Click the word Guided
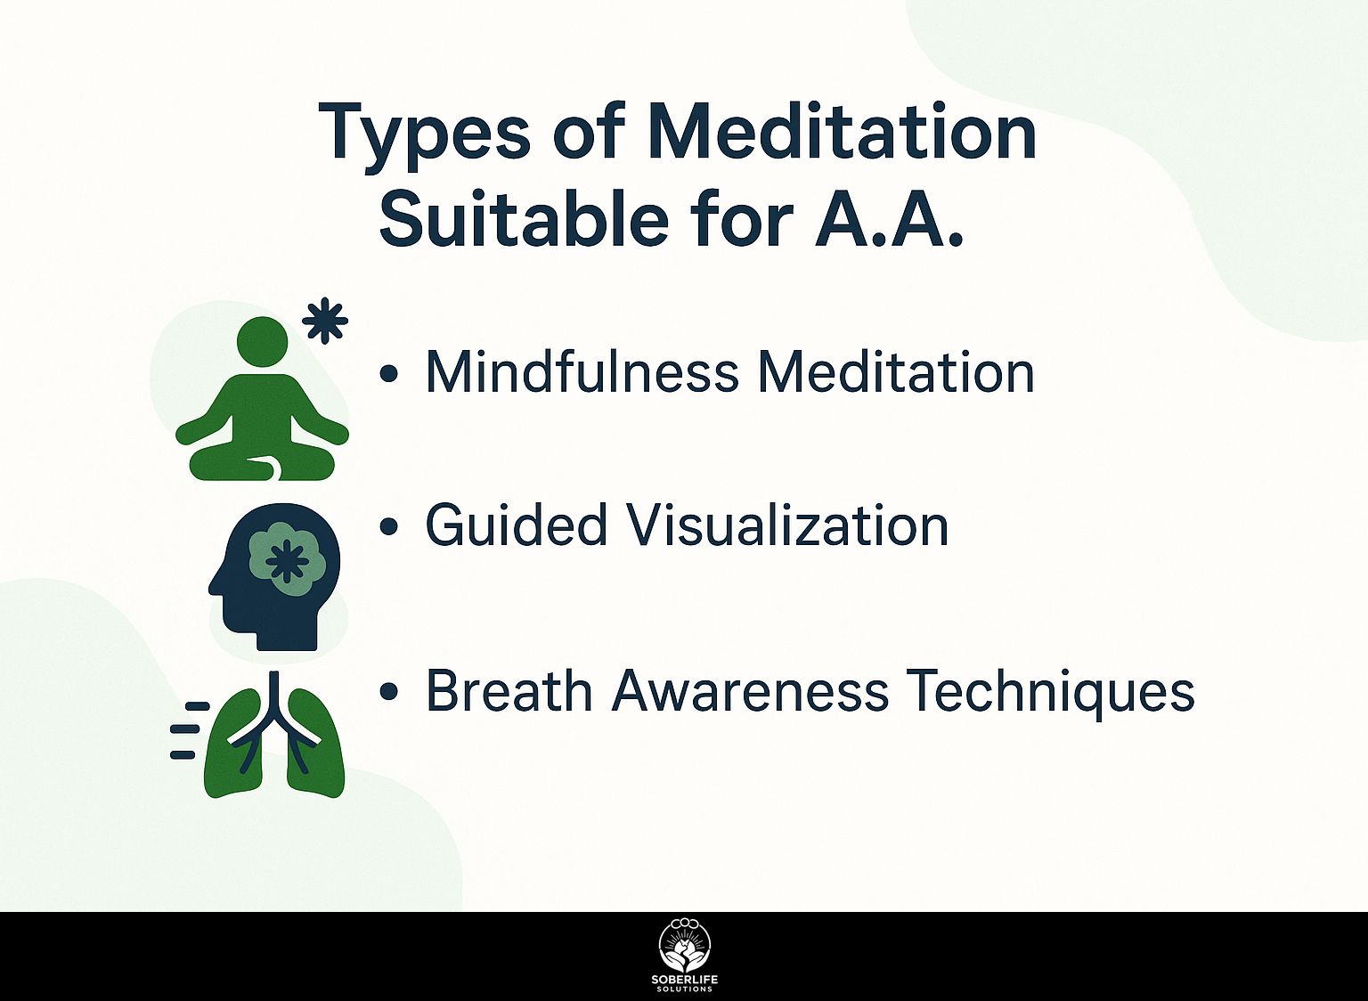point(516,525)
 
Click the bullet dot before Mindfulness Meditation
point(389,373)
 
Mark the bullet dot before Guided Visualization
point(389,525)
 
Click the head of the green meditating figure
point(263,341)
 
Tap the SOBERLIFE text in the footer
point(684,980)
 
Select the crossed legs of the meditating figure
point(263,465)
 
